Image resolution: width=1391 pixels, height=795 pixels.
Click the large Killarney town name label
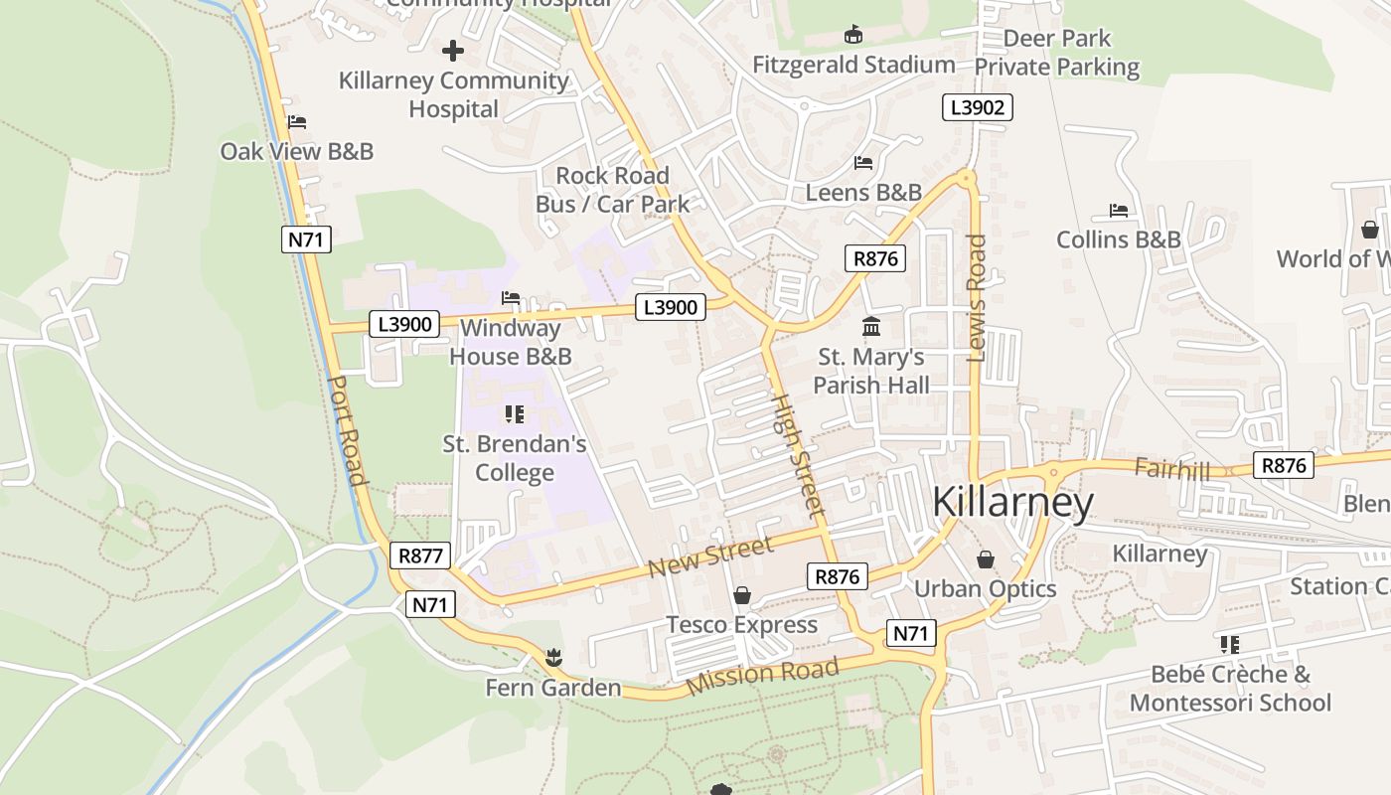coord(1012,503)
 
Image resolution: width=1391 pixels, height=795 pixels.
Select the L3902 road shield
coord(977,107)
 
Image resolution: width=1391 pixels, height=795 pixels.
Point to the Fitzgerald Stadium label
coord(853,66)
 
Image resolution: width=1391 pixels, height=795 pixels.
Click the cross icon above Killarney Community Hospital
coord(453,50)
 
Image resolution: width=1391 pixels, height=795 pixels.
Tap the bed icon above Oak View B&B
coord(296,122)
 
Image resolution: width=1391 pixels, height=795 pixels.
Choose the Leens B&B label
coord(863,193)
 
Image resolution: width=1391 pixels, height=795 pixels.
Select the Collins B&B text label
coord(1118,239)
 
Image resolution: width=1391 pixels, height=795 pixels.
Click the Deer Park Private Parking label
coord(1056,53)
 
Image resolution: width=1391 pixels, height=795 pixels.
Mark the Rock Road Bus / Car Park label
coord(612,190)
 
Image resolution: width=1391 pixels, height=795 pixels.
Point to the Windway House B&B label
coord(511,342)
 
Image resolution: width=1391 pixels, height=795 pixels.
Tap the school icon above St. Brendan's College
coord(514,413)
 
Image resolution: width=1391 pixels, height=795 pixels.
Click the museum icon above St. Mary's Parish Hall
coord(871,326)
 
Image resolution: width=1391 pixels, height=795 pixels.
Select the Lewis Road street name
coord(977,297)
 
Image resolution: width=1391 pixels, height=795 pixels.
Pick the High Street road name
coord(798,455)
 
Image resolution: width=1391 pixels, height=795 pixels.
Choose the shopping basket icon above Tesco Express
coord(741,595)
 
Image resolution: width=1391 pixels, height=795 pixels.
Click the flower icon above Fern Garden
coord(552,657)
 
